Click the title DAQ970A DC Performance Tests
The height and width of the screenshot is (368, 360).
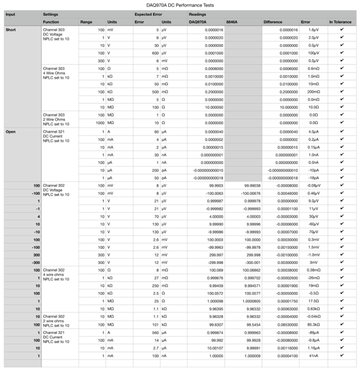179,5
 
